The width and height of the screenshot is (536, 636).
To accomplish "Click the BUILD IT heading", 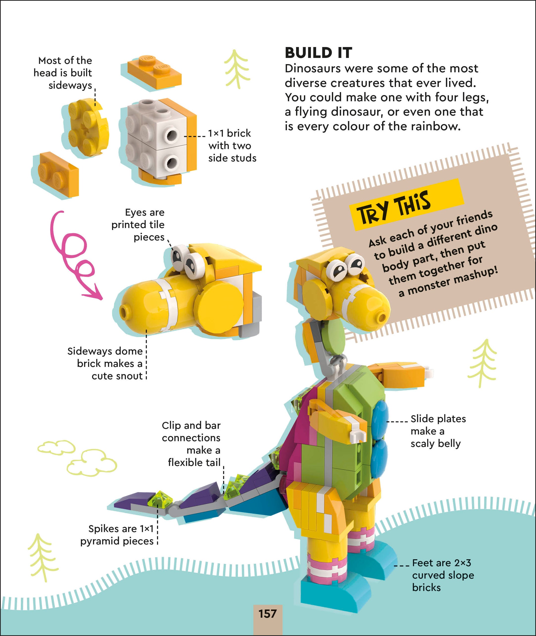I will pos(318,53).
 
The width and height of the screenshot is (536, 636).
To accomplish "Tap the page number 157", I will pos(267,613).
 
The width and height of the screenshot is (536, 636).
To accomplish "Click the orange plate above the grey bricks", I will pos(154,72).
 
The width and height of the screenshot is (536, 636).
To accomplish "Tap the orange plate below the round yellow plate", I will pos(56,173).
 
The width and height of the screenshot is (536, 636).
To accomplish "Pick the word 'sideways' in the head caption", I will pos(70,85).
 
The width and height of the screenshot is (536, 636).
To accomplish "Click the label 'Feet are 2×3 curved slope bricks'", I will pos(442,575).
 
